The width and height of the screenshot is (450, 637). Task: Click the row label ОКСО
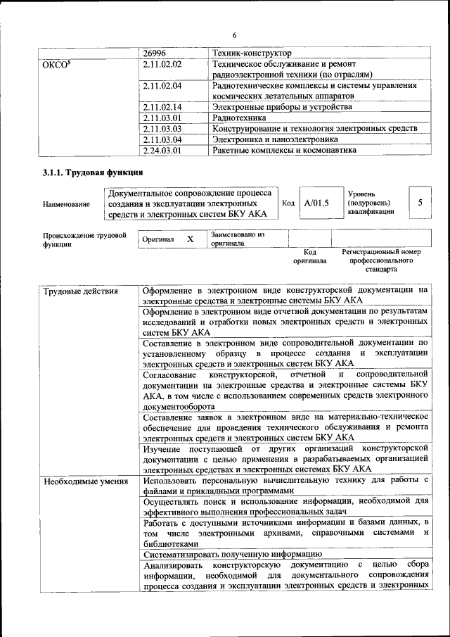(57, 65)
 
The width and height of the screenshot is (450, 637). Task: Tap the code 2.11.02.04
(162, 86)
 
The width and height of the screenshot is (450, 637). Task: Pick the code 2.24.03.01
(162, 150)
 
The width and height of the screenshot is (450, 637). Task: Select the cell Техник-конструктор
(252, 53)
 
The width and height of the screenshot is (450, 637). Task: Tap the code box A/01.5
(316, 203)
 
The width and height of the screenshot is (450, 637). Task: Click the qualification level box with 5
(420, 203)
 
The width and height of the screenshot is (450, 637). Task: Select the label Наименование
(66, 204)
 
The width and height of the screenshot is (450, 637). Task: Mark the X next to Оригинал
(190, 239)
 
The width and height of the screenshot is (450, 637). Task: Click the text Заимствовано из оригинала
(238, 239)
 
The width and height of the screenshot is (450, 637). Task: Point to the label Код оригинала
(309, 256)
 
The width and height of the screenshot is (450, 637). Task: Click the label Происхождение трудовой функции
(84, 239)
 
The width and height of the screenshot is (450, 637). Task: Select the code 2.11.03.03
(162, 129)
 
